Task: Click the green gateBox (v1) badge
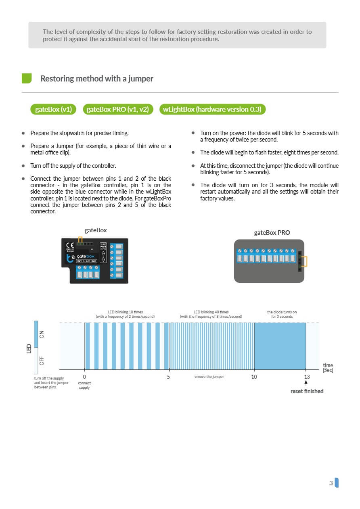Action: (x=53, y=109)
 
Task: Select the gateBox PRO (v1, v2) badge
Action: (x=118, y=109)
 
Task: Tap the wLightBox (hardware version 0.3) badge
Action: (x=212, y=109)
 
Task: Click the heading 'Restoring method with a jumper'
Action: (x=97, y=79)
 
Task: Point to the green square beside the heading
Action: (x=27, y=78)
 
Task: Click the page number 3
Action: (x=331, y=483)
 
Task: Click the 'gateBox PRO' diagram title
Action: (x=272, y=233)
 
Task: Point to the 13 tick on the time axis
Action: (x=307, y=377)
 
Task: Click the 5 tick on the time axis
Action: (x=168, y=377)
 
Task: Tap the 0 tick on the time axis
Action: (x=84, y=377)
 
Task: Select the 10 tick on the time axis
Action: (x=254, y=377)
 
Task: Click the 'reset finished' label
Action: (x=307, y=391)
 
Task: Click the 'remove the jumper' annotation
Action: (x=209, y=377)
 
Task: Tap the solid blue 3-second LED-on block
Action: (x=280, y=346)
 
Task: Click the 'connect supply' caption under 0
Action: (x=84, y=385)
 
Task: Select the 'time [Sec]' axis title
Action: (x=328, y=367)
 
